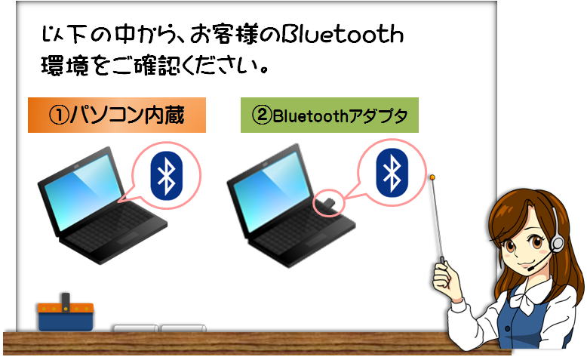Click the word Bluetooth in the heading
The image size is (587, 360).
pyautogui.click(x=343, y=35)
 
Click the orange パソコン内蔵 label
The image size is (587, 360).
pyautogui.click(x=117, y=115)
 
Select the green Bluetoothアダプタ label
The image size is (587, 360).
pyautogui.click(x=330, y=115)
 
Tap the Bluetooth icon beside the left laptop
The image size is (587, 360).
pyautogui.click(x=167, y=175)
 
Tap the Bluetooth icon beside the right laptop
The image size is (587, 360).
pyautogui.click(x=392, y=173)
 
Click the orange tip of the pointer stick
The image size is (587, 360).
pyautogui.click(x=432, y=177)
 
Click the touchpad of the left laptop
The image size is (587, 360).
pyautogui.click(x=128, y=238)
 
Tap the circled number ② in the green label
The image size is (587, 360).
pyautogui.click(x=262, y=115)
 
